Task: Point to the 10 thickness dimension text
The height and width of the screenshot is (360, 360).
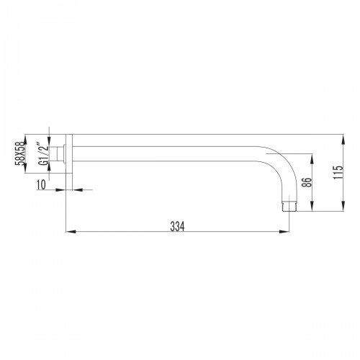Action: [41, 184]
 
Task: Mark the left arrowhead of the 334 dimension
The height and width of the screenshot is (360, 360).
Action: [70, 232]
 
